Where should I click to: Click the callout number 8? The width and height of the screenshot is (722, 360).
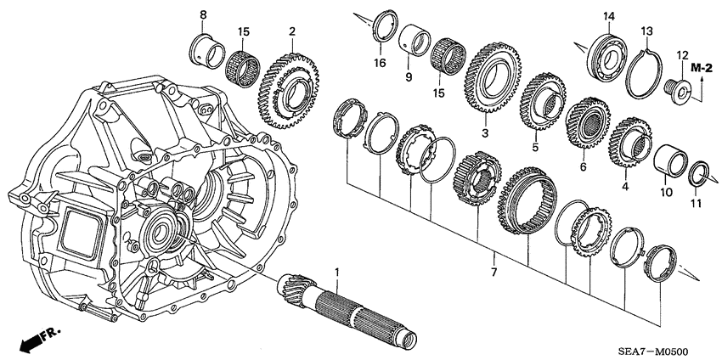(203, 15)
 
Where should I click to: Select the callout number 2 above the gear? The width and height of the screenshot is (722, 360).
(291, 32)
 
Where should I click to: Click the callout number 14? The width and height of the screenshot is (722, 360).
(608, 16)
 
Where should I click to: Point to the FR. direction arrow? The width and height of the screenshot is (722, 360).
(36, 340)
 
